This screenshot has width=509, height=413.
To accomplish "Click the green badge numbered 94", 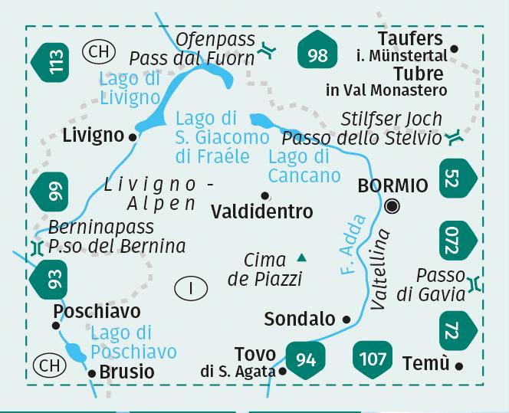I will [305, 359].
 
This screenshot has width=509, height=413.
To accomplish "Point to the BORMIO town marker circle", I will [392, 205].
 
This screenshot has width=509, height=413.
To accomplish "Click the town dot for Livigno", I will [133, 137].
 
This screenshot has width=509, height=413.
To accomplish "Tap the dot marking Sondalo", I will [346, 320].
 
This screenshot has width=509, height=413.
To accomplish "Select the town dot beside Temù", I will [459, 366].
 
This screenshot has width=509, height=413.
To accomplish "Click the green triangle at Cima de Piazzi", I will [301, 258].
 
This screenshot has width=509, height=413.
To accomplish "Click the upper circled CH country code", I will [97, 52].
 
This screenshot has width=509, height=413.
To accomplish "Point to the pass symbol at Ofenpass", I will [267, 50].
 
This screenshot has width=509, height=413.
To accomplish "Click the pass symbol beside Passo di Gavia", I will [476, 284].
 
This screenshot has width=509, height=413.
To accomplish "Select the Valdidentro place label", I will [261, 211].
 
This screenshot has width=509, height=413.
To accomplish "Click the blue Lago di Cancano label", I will [304, 166].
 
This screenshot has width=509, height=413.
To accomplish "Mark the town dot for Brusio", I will [92, 373].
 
